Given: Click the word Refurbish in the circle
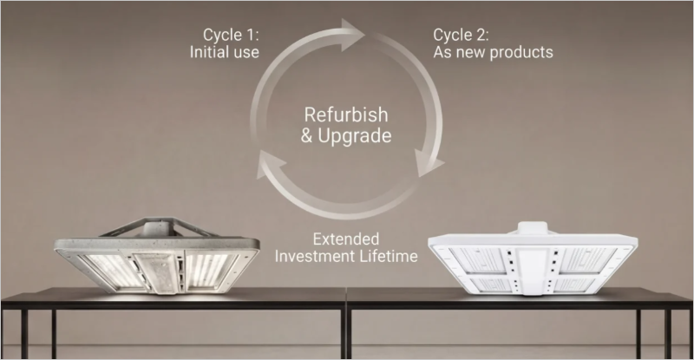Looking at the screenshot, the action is [346, 115].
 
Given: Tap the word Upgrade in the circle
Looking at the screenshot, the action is [355, 135].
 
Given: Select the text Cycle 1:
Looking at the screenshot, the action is [231, 35].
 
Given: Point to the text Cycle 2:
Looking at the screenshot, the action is [461, 35].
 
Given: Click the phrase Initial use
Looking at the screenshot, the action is [225, 52].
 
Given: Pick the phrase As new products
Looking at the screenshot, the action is [493, 52].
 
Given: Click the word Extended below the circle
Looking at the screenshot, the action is [346, 239].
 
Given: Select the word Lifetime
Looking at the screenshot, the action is [388, 256].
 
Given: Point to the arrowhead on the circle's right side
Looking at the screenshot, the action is [427, 163].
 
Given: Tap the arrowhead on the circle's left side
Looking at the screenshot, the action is [269, 164].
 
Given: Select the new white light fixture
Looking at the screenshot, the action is [533, 259].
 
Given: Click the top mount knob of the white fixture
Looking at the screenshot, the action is [533, 228].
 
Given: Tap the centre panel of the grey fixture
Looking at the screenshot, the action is [157, 272].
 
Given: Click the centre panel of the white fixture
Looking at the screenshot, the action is [533, 270].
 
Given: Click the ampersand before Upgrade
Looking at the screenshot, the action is [306, 135].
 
